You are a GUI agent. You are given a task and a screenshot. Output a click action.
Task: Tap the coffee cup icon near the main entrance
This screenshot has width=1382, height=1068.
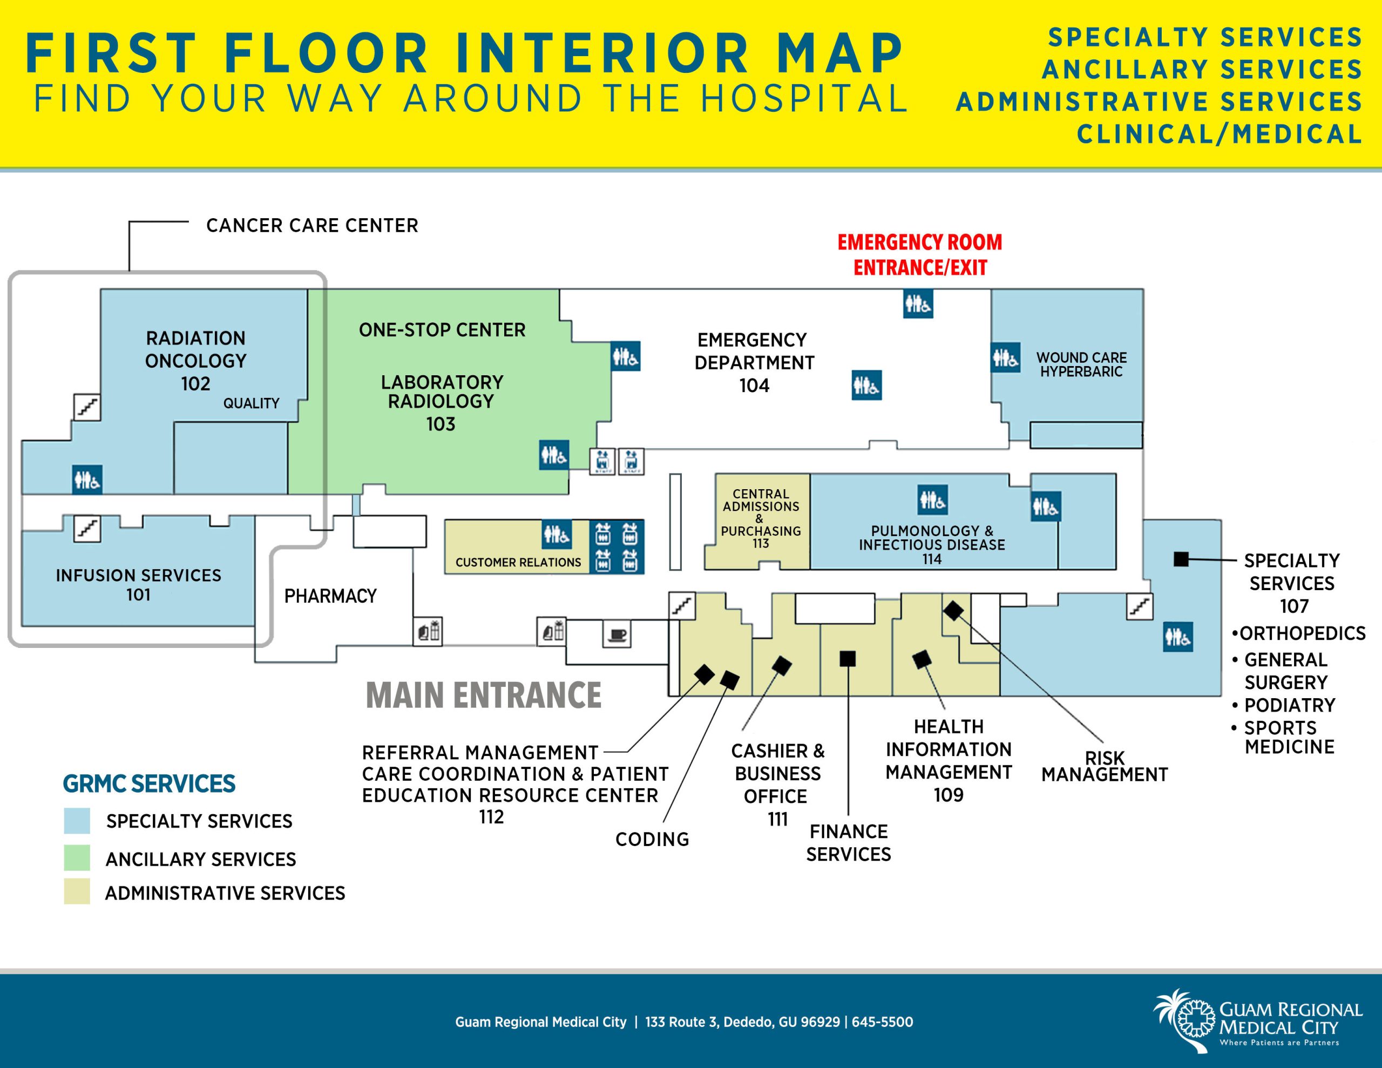[x=617, y=635]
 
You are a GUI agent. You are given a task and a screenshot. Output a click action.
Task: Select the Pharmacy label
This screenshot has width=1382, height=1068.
[x=330, y=596]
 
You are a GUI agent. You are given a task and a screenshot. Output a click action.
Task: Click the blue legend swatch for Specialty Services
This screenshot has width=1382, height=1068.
[x=77, y=821]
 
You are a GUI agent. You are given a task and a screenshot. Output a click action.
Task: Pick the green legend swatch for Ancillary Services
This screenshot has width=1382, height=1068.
[x=77, y=858]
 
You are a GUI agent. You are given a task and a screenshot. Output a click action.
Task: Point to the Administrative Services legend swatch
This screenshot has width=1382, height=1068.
[x=77, y=891]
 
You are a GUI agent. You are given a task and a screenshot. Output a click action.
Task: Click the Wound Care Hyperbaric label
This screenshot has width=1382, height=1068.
[x=1081, y=364]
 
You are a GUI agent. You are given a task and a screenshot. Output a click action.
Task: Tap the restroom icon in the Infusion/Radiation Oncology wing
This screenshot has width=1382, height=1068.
[x=87, y=479]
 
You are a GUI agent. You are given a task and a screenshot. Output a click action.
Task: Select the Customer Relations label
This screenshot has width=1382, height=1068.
[x=518, y=562]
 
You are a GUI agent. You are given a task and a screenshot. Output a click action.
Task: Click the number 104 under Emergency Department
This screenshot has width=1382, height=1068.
[x=754, y=386]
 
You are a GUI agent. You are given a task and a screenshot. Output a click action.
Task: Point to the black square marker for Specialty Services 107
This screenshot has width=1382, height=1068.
[x=1180, y=559]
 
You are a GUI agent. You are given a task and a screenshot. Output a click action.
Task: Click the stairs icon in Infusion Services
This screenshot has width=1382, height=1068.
[x=87, y=528]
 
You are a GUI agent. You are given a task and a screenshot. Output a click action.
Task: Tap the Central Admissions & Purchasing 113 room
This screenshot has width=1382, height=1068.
[x=761, y=518]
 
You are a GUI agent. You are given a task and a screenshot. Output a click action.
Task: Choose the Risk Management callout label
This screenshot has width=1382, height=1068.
[x=1104, y=766]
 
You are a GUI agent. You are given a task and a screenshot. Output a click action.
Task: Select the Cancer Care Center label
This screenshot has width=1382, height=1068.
[x=312, y=225]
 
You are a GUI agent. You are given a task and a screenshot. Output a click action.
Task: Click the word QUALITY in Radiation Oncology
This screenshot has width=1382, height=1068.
[x=250, y=403]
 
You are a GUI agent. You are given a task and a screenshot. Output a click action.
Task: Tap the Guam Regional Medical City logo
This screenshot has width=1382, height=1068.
[x=1256, y=1021]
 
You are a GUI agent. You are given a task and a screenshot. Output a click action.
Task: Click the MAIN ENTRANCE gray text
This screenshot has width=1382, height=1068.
[x=484, y=695]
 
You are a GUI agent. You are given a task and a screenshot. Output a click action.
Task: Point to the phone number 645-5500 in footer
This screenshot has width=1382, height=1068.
[x=882, y=1022]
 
